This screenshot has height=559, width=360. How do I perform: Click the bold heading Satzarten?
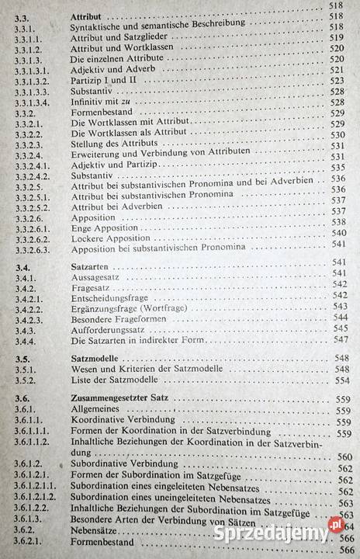coord(90,265)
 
